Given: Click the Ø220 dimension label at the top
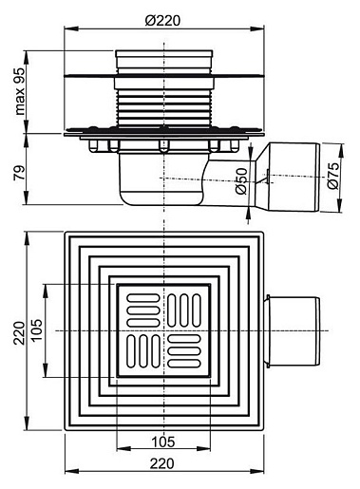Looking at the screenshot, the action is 162,21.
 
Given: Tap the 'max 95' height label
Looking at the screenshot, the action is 20,91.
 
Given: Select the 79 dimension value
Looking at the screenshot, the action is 20,173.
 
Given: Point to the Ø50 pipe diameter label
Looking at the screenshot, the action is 241,181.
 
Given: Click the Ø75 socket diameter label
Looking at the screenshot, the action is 333,176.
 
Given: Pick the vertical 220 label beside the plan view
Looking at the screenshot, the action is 20,333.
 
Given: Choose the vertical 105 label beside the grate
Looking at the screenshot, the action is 37,329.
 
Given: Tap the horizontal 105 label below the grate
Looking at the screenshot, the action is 163,442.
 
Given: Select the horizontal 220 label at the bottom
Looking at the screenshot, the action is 162,463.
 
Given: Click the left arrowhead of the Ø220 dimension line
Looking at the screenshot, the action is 71,29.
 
